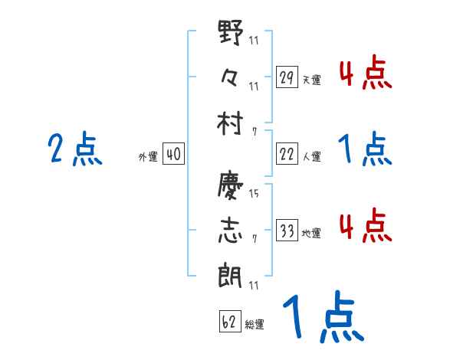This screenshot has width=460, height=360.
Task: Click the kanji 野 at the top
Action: [x=231, y=34]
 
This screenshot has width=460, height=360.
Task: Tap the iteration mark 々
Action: [x=231, y=77]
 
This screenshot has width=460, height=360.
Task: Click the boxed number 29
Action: [x=287, y=77]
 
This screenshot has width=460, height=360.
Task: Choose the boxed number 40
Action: [x=173, y=155]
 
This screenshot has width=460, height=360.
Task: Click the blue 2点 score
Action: [x=76, y=149]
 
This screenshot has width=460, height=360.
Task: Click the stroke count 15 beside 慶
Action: [x=254, y=194]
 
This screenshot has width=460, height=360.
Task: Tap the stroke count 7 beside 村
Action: [x=254, y=130]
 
